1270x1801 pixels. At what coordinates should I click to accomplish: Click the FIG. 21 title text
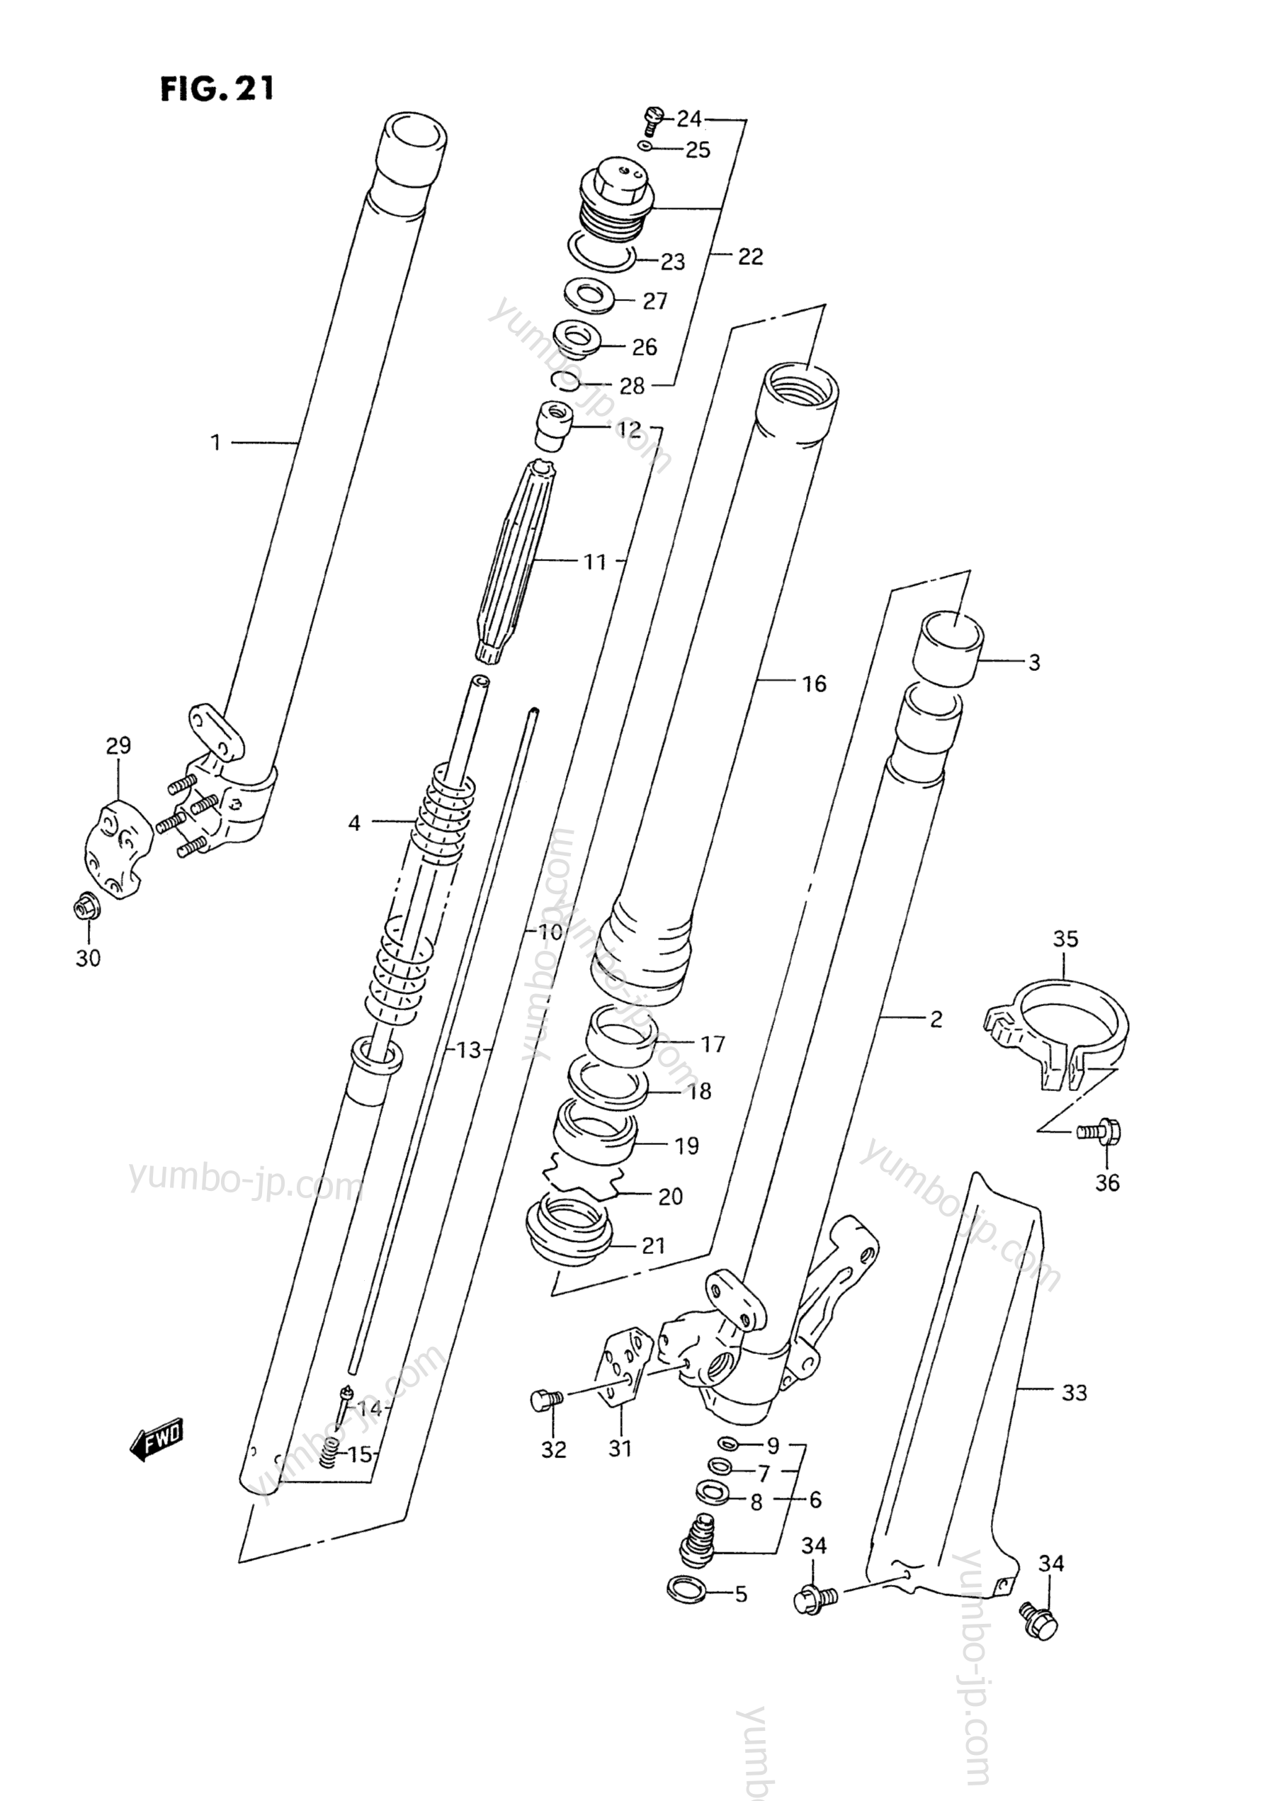217,89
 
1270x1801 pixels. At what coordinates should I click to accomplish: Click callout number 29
118,745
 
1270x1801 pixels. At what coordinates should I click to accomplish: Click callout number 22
750,256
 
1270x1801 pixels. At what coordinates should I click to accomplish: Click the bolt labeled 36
1101,1132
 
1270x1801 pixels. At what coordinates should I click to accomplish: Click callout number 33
1074,1392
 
